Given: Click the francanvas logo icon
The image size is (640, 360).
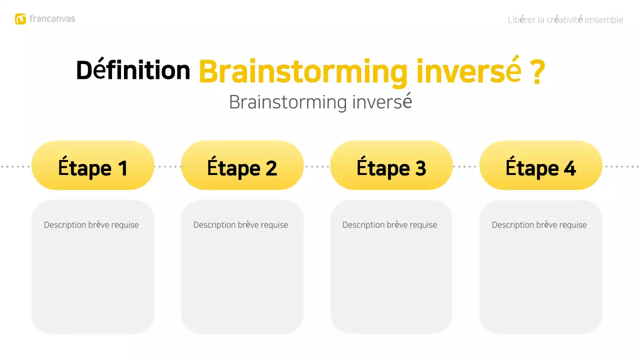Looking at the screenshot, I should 20,19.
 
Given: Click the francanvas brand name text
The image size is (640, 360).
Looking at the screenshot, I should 52,19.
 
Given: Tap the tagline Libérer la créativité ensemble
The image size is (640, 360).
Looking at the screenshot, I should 565,20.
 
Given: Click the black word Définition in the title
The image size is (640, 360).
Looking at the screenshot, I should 133,70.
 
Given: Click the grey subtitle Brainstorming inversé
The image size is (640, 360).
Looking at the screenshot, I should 320,102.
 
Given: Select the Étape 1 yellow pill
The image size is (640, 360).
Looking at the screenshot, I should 93,166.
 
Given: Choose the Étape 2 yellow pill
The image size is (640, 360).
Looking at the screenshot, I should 242,166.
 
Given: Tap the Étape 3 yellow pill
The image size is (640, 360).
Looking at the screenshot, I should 391,166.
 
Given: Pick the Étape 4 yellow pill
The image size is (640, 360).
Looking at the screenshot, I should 540,166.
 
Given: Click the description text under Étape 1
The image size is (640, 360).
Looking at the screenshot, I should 91,225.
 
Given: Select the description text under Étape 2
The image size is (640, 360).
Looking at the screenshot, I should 240,225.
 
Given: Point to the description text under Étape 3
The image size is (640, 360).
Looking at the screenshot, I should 389,225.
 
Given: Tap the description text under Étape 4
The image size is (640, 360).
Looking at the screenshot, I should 539,225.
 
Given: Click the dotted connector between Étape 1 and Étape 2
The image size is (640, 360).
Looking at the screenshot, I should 167,166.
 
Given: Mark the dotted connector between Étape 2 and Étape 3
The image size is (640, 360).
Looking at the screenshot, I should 316,166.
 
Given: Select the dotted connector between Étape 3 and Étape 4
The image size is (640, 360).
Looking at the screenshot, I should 465,166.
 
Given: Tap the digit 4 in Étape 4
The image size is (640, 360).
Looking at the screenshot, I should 569,168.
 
